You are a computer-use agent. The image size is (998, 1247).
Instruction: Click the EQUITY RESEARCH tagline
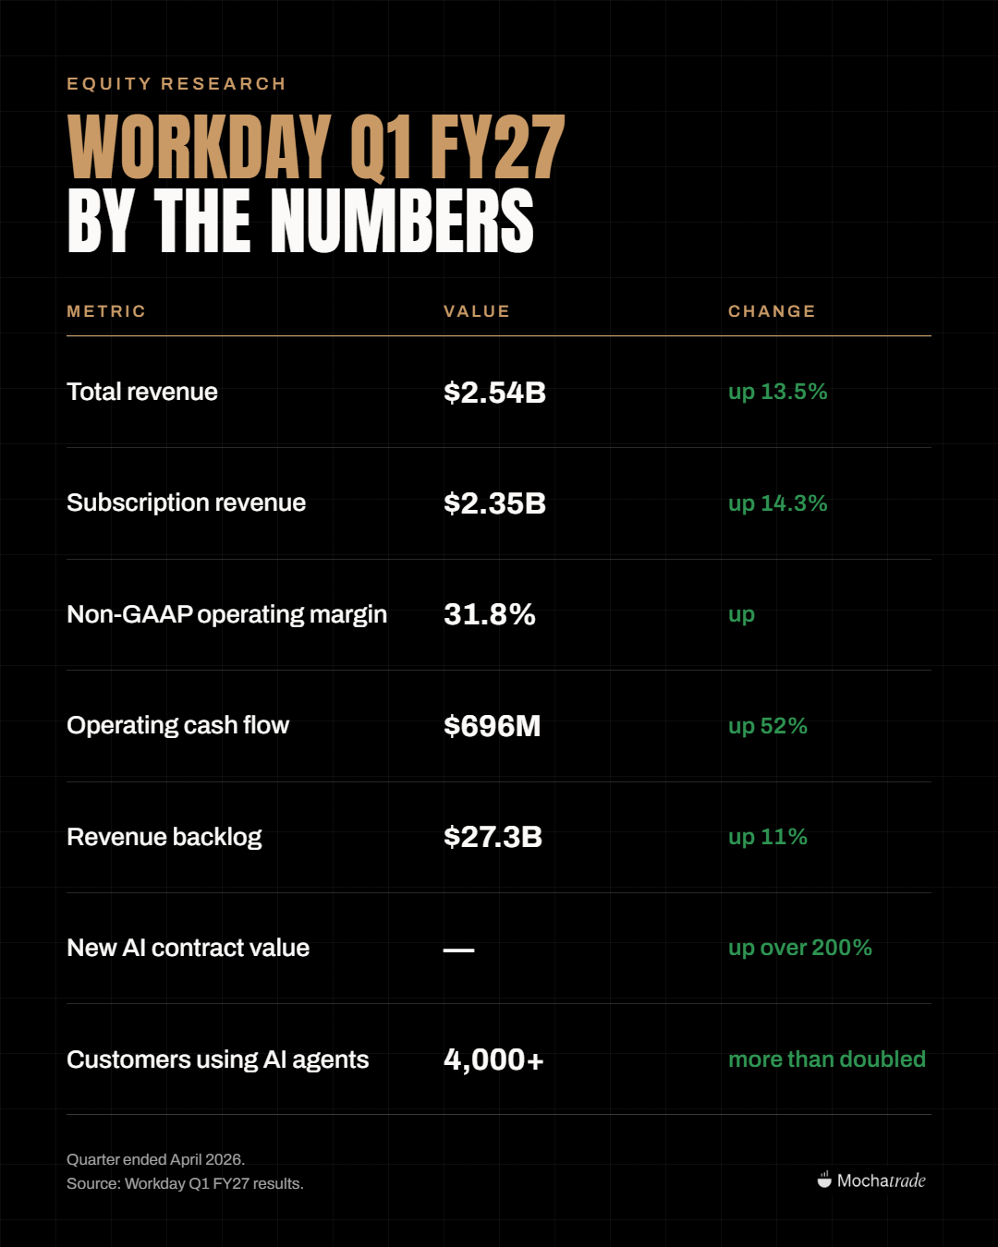pyautogui.click(x=176, y=84)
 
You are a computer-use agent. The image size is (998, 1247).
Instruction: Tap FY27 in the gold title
pyautogui.click(x=497, y=146)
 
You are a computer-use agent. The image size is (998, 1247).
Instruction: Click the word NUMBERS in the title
pyautogui.click(x=401, y=221)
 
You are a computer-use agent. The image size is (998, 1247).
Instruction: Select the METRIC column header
pyautogui.click(x=106, y=311)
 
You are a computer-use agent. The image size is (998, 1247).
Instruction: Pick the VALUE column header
pyautogui.click(x=477, y=311)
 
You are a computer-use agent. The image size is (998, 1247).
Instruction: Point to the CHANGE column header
pyautogui.click(x=772, y=311)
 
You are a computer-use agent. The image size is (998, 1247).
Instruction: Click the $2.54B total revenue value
pyautogui.click(x=494, y=393)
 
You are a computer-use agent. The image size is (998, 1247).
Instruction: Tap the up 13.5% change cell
pyautogui.click(x=778, y=393)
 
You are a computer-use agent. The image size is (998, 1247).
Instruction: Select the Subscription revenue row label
pyautogui.click(x=186, y=503)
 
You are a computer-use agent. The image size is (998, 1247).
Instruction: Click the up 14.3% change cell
pyautogui.click(x=778, y=503)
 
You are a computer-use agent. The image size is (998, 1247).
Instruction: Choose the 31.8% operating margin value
pyautogui.click(x=490, y=614)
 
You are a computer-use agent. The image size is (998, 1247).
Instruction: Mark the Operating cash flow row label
pyautogui.click(x=177, y=725)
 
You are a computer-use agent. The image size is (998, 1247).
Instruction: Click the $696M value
pyautogui.click(x=492, y=726)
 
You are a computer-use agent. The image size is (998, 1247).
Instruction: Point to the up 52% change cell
pyautogui.click(x=768, y=726)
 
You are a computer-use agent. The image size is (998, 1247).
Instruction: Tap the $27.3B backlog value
pyautogui.click(x=493, y=837)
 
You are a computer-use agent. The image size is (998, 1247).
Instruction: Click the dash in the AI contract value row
pyautogui.click(x=458, y=950)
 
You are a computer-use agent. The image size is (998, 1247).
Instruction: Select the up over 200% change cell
pyautogui.click(x=800, y=949)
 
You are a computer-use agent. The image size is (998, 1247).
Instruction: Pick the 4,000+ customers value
pyautogui.click(x=493, y=1059)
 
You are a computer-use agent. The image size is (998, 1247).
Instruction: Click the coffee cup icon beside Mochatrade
pyautogui.click(x=824, y=1180)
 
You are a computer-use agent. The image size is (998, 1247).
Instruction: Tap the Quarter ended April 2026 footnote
pyautogui.click(x=156, y=1159)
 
